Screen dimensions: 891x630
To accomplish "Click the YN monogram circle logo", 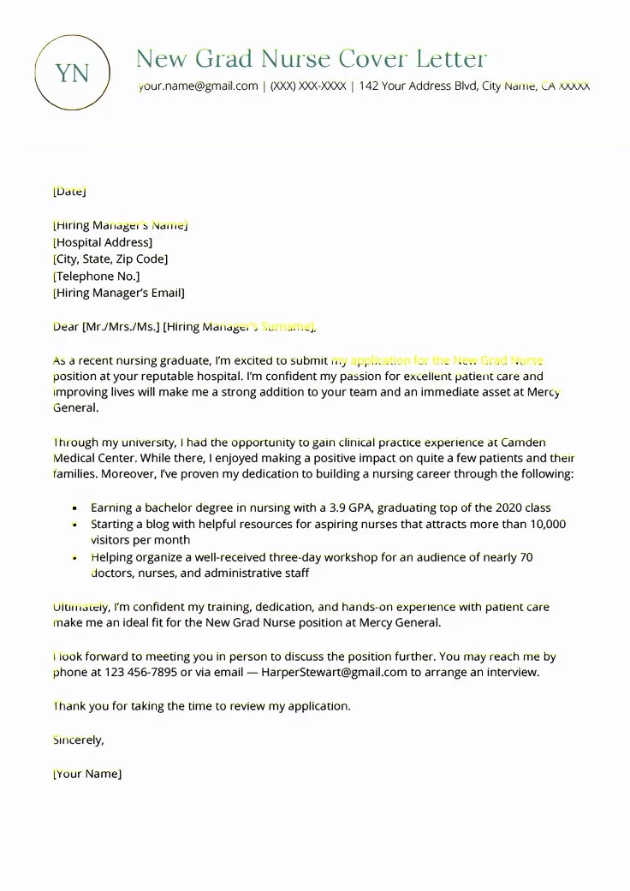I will click(72, 73).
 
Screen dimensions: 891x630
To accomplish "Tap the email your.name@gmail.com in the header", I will click(198, 86).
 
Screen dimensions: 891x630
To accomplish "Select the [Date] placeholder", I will click(69, 191).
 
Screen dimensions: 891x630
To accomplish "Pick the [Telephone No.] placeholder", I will click(96, 276).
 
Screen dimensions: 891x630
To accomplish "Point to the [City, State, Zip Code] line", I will click(110, 258).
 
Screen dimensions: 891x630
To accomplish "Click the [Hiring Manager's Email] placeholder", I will click(118, 293).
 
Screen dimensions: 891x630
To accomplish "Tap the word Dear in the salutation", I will click(65, 326).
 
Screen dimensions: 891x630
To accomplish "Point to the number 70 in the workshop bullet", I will click(526, 557).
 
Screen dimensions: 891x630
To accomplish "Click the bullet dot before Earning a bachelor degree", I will click(76, 508).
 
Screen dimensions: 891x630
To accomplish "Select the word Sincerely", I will click(78, 740).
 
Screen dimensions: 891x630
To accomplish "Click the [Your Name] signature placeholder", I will click(86, 774).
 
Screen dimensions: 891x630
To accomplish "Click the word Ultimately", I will click(81, 607).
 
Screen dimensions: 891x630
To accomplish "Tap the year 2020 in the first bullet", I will click(504, 508).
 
